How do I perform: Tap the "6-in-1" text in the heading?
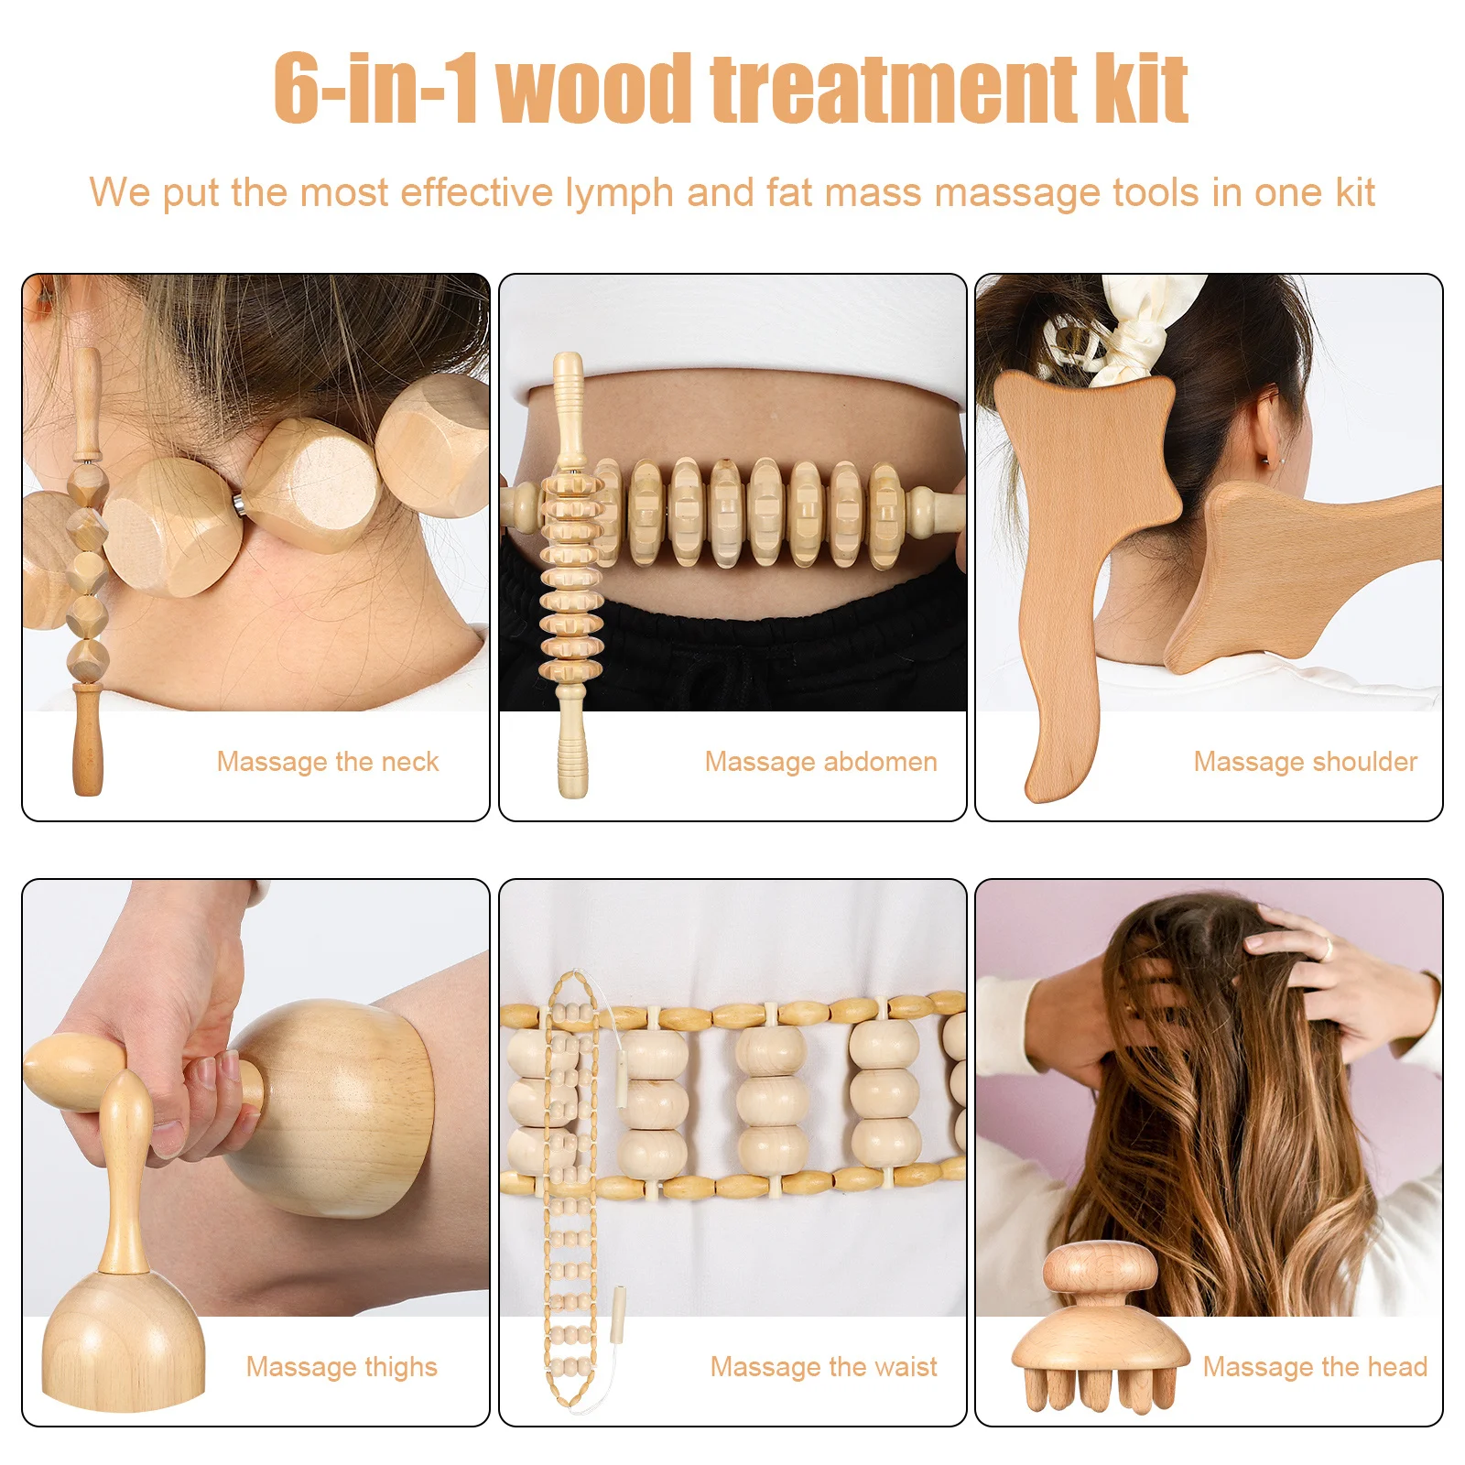click(375, 89)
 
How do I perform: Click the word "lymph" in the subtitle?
click(619, 193)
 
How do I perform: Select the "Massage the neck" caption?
click(328, 762)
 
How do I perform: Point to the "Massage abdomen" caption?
click(820, 762)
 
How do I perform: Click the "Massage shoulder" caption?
click(1305, 762)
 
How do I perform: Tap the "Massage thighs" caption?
click(342, 1367)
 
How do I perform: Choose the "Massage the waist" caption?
click(823, 1367)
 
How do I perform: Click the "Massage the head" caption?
click(1315, 1367)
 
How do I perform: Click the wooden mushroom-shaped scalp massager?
click(1099, 1328)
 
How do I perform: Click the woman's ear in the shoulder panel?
click(1266, 430)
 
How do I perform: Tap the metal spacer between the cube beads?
click(238, 503)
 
